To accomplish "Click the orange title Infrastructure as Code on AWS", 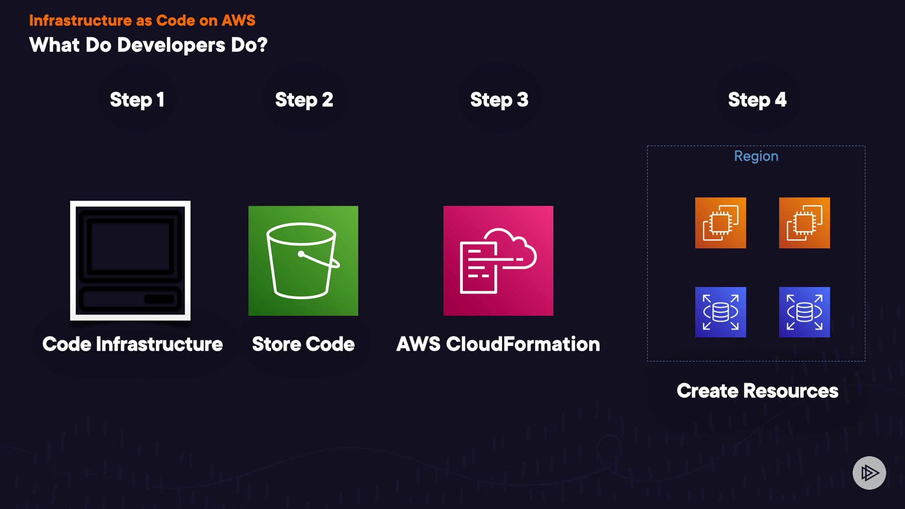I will click(x=142, y=20).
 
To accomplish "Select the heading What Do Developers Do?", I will click(x=148, y=45).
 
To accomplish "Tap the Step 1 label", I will click(x=137, y=100).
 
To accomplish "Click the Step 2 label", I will click(x=304, y=100).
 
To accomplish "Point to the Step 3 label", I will click(x=499, y=100).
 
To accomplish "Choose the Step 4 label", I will click(x=757, y=100).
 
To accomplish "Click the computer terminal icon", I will click(x=131, y=261).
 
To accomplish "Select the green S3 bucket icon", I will click(x=303, y=261).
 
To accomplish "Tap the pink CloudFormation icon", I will click(x=498, y=261).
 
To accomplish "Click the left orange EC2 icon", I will click(x=720, y=223).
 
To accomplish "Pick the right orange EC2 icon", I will click(x=804, y=223).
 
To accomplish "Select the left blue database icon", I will click(x=720, y=312).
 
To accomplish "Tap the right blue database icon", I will click(x=804, y=312).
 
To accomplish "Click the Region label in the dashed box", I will click(x=756, y=156).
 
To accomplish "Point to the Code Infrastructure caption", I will click(x=132, y=344).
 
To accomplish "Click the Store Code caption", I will click(x=303, y=344).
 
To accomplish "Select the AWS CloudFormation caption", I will click(x=498, y=344).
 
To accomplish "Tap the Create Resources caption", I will click(x=757, y=391).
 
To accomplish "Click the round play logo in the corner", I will click(x=869, y=473).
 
